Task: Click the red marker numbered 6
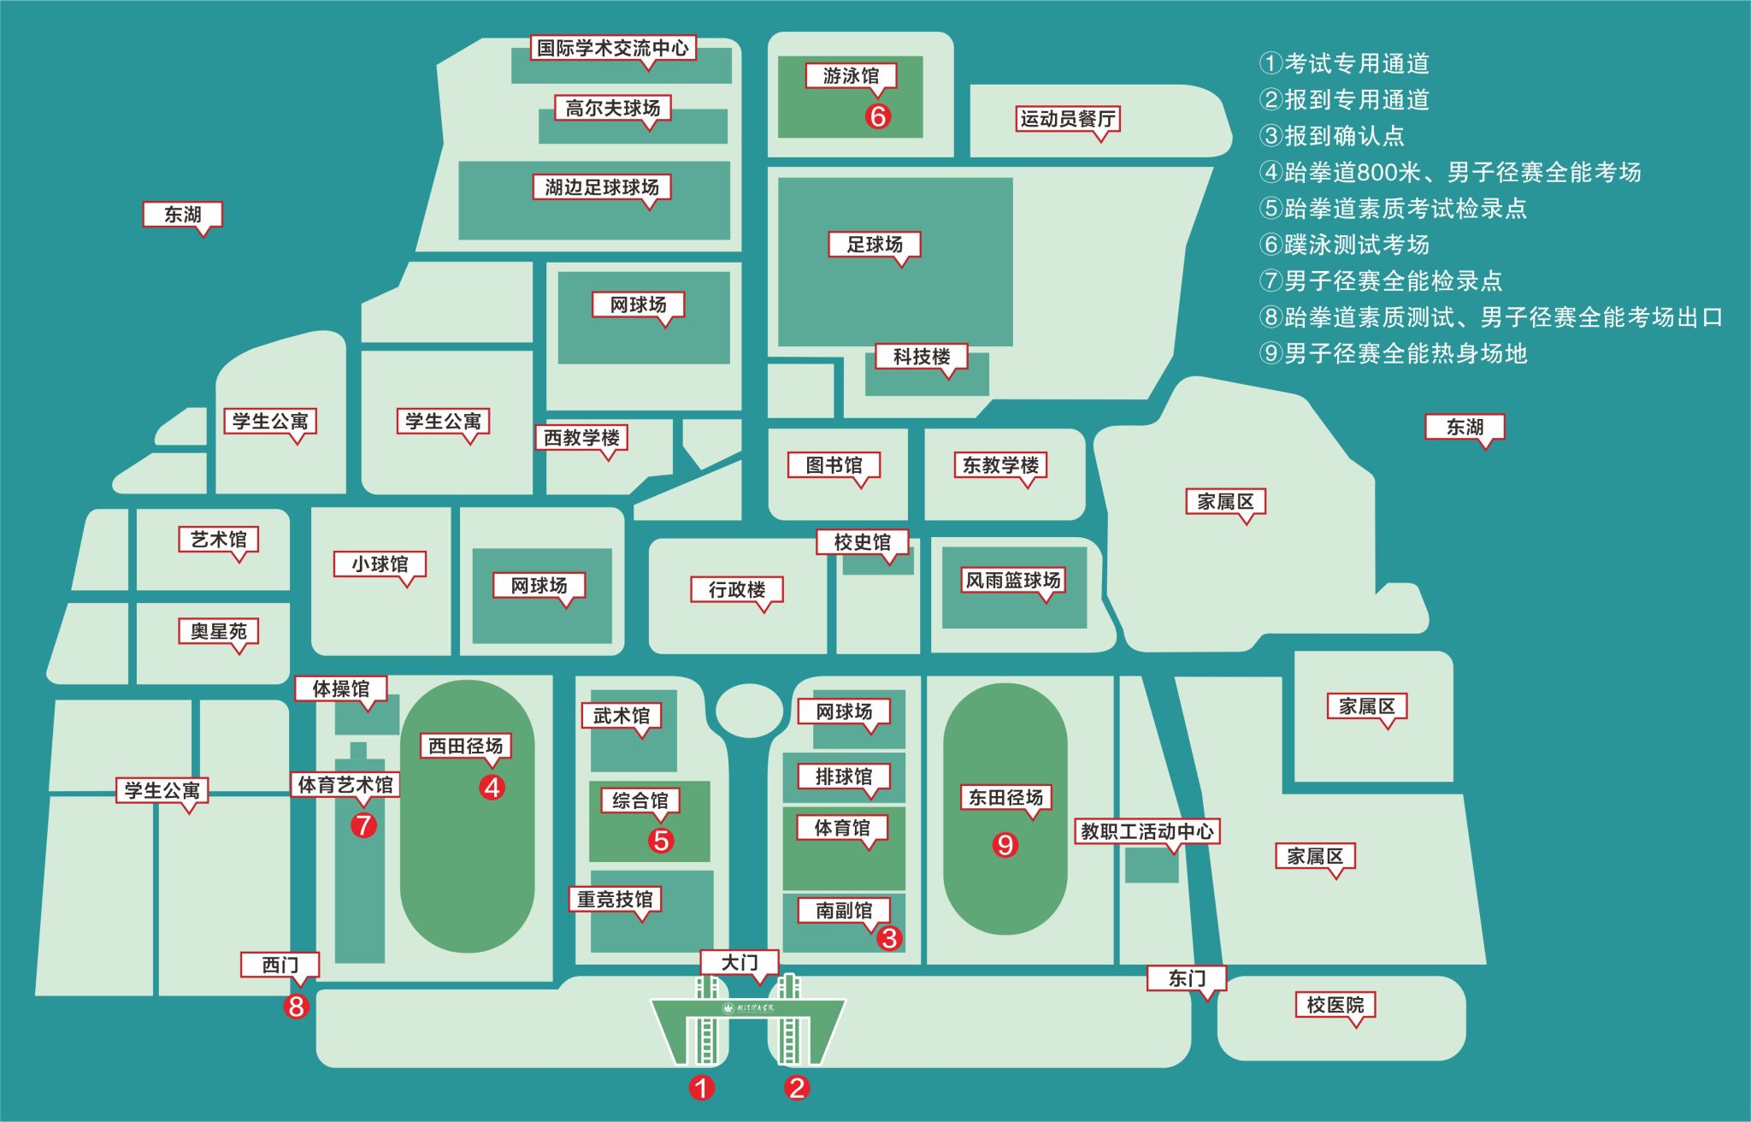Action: click(878, 115)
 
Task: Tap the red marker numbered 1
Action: click(702, 1088)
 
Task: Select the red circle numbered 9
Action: click(1005, 845)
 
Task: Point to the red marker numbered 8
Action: click(297, 1007)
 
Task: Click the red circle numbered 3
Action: click(889, 938)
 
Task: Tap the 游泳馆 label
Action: click(851, 76)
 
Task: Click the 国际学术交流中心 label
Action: click(613, 48)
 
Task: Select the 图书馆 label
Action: click(834, 465)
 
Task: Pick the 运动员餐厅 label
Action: click(1068, 119)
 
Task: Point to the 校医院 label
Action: click(1335, 1005)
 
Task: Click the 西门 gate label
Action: click(280, 966)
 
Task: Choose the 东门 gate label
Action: click(1187, 978)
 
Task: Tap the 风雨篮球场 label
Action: click(1013, 581)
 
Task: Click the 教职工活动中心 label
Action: click(1147, 831)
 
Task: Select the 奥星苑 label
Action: click(219, 632)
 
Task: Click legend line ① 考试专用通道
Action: click(1345, 63)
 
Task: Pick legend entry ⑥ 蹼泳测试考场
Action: click(1345, 245)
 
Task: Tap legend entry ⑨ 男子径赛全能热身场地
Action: click(1394, 353)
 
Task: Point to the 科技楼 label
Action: click(922, 357)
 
